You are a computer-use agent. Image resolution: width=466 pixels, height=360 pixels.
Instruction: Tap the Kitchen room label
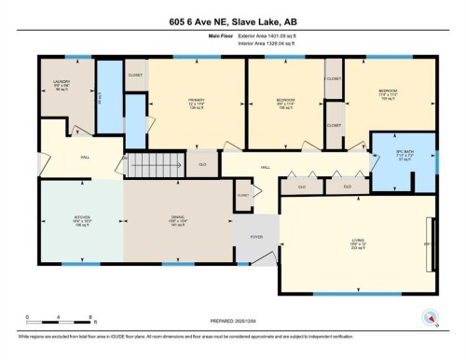pyautogui.click(x=81, y=221)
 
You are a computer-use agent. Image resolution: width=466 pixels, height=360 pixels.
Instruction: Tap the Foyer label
pyautogui.click(x=256, y=237)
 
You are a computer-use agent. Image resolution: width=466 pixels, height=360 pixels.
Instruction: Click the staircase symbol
pyautogui.click(x=149, y=166)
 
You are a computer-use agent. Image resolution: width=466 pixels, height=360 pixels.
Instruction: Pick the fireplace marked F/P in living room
pyautogui.click(x=427, y=243)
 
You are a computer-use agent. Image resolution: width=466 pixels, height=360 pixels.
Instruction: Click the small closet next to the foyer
pyautogui.click(x=243, y=195)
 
